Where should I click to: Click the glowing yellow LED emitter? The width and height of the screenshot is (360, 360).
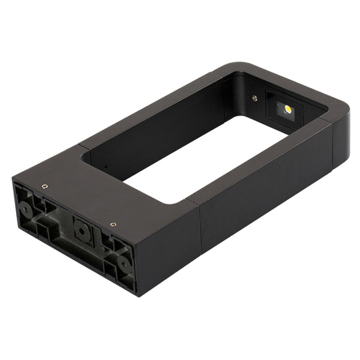(x=288, y=109)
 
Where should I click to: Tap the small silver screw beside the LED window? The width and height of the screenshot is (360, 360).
(x=254, y=98)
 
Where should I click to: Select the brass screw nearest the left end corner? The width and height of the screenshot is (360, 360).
(x=44, y=187)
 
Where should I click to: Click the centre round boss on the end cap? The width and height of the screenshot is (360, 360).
(x=80, y=227)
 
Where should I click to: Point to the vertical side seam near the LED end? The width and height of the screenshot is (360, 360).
(x=334, y=144)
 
